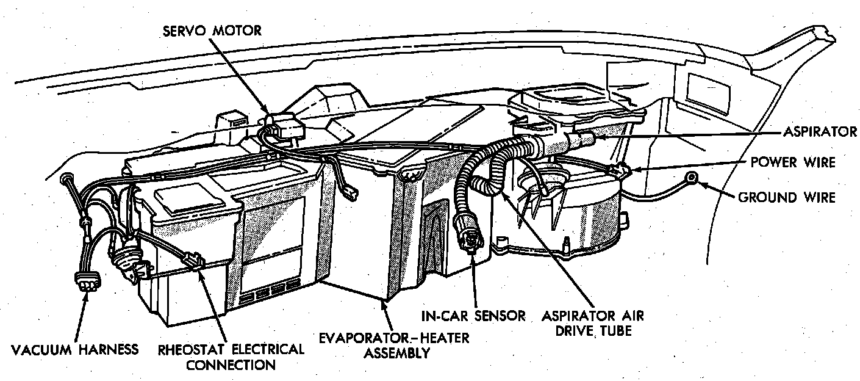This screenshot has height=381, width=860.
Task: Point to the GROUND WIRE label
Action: pos(787,197)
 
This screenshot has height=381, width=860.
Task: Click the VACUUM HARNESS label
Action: pos(75,350)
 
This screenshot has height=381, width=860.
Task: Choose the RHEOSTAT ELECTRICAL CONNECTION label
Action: pos(231,357)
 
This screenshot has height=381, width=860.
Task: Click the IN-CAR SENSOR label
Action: pos(473,316)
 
